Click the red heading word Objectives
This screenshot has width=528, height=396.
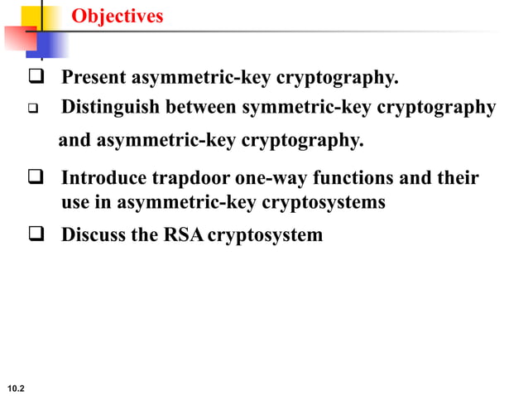[x=117, y=17]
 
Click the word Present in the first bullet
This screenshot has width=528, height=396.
[x=94, y=79]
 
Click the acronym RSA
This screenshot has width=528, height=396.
[x=184, y=235]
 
